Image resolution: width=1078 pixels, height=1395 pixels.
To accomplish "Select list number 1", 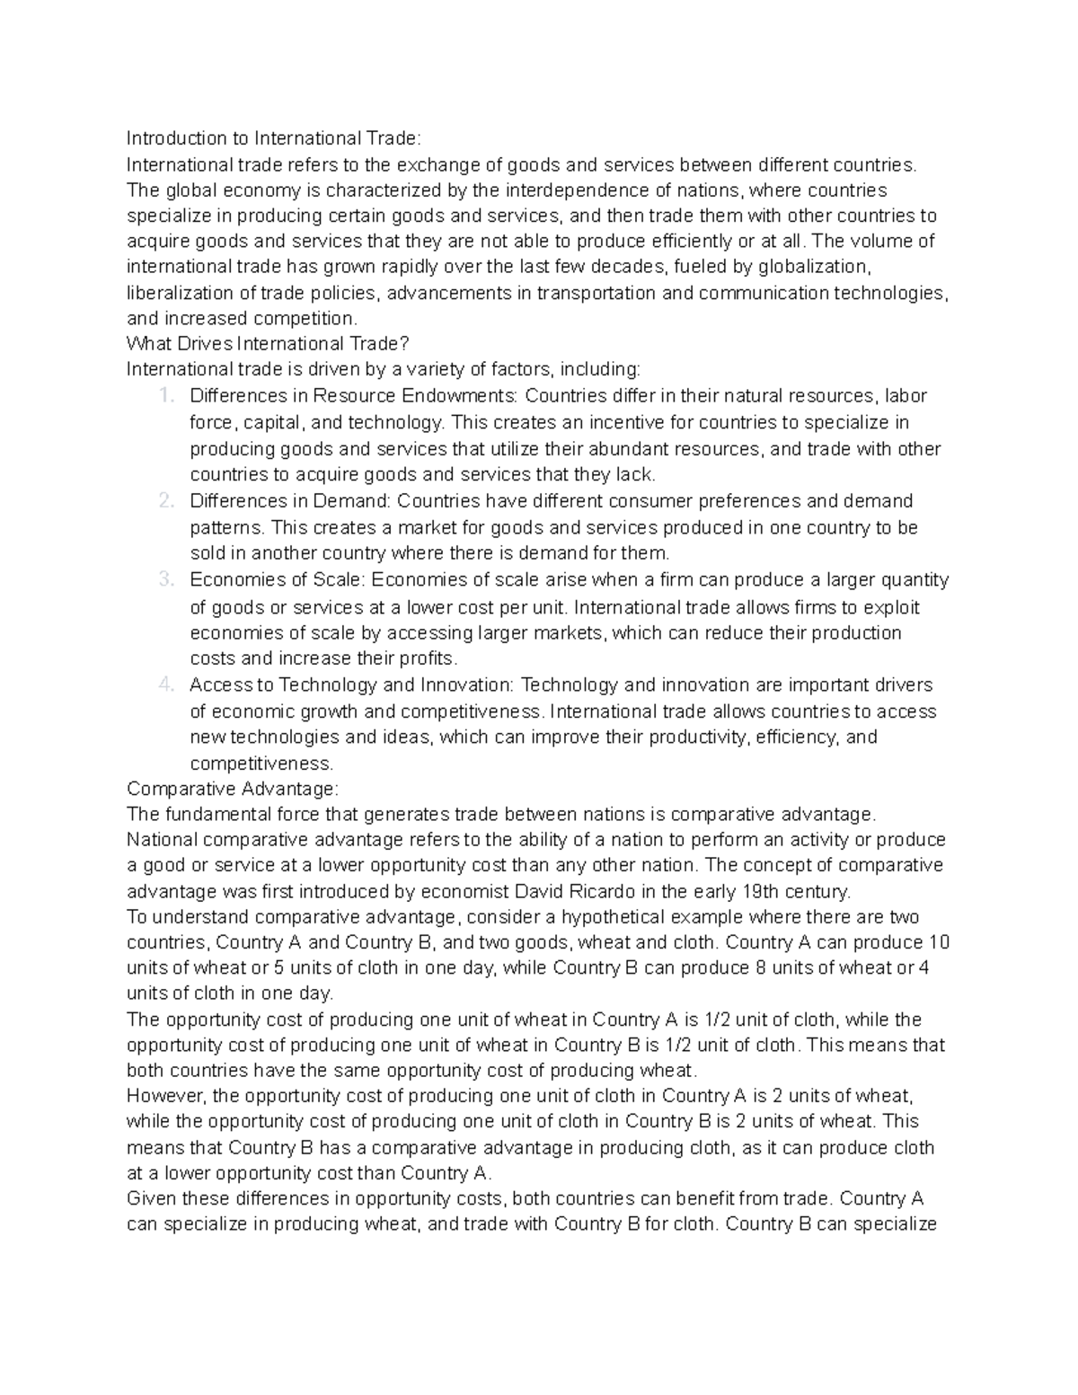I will [x=164, y=396].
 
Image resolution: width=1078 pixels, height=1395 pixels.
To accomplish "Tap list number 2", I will [x=164, y=501].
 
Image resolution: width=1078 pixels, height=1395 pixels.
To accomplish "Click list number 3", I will [x=164, y=580].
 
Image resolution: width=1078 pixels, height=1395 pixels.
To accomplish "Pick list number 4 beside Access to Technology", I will [x=164, y=685].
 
